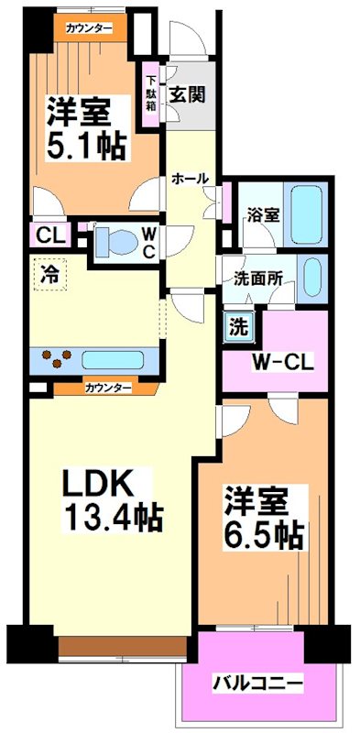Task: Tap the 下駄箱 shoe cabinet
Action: tap(149, 95)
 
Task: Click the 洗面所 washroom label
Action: tap(257, 279)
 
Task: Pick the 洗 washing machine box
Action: tap(238, 324)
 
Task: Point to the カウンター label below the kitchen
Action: tap(108, 388)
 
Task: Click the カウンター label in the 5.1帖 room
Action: tap(89, 28)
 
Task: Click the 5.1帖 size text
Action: tap(91, 147)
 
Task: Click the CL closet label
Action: tap(47, 235)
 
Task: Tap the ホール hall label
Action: tap(191, 179)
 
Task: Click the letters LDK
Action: tap(99, 482)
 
